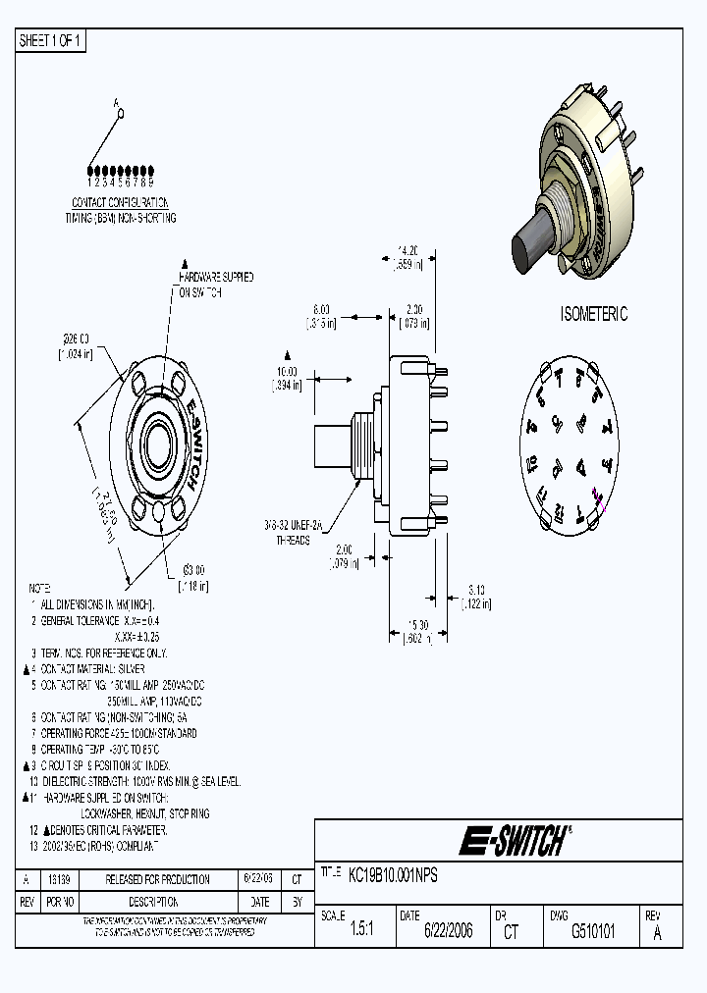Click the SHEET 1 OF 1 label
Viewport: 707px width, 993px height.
(51, 40)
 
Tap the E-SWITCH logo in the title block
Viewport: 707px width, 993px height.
(515, 841)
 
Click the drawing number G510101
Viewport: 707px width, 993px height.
(593, 931)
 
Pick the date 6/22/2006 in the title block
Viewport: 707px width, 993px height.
(448, 931)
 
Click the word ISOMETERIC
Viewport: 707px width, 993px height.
(593, 314)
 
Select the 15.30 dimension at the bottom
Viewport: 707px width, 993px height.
(417, 626)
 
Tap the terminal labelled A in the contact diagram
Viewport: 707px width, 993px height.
(119, 113)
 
